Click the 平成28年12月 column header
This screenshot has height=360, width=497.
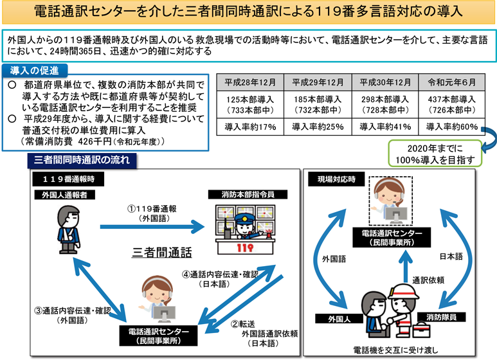point(251,84)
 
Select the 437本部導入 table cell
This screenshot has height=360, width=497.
point(451,100)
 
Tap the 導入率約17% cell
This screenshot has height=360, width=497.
point(251,127)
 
